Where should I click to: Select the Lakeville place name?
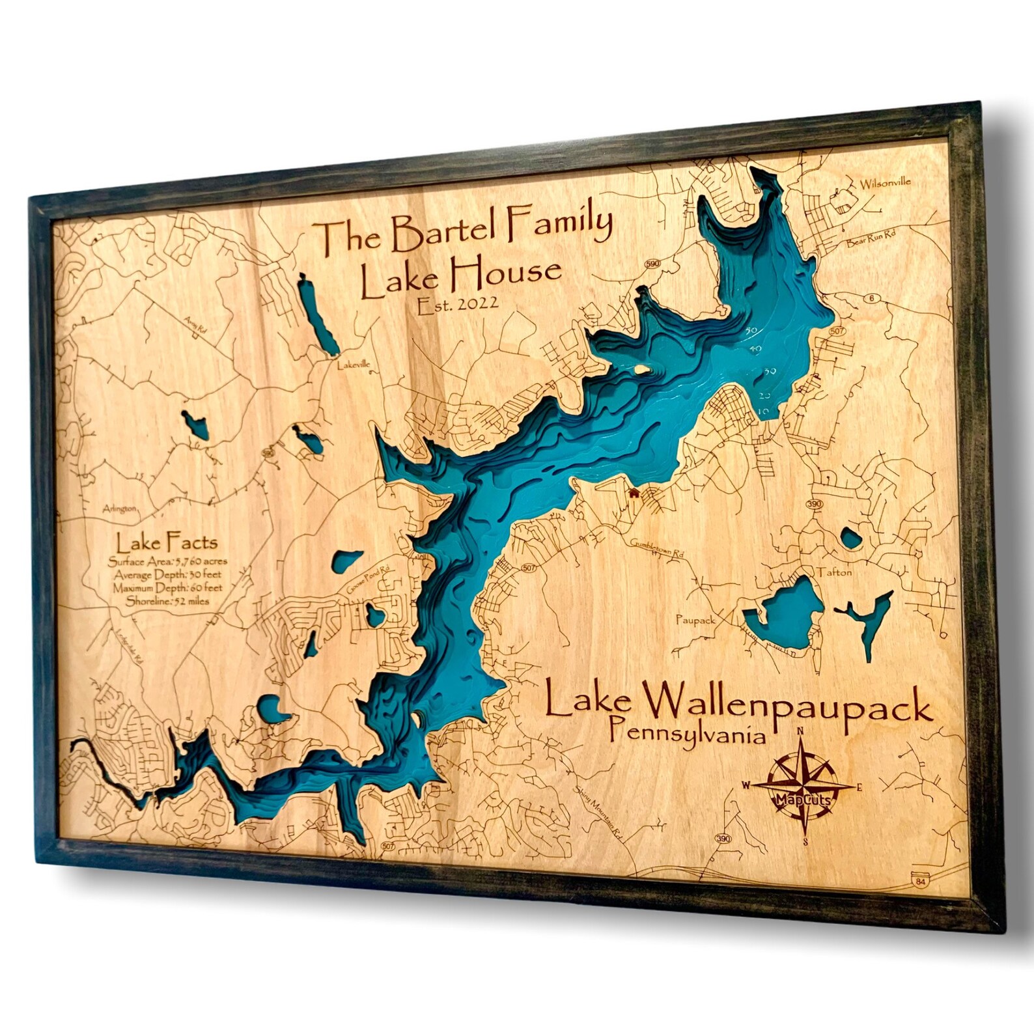(x=353, y=365)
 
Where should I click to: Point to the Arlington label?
(x=120, y=509)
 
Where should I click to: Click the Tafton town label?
(x=834, y=572)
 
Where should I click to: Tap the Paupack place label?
(x=695, y=620)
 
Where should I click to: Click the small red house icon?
(x=633, y=493)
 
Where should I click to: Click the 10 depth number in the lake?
(x=764, y=412)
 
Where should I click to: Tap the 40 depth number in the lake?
(x=755, y=350)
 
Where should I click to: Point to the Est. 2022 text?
(x=458, y=305)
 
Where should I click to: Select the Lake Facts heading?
(x=167, y=542)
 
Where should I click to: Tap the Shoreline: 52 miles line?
(x=168, y=601)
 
